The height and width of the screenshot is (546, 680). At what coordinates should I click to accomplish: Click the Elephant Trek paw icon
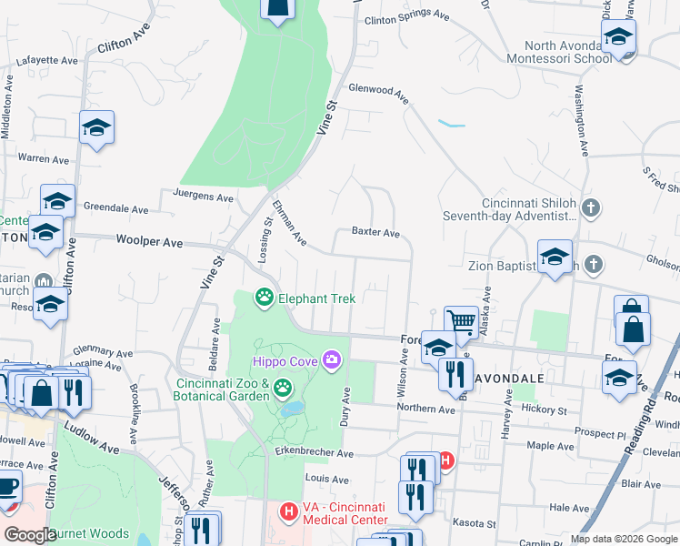coord(265,298)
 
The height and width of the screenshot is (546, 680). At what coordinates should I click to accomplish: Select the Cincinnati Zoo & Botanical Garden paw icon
coord(283,389)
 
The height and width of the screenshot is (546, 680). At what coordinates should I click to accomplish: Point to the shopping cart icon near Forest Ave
coord(461,322)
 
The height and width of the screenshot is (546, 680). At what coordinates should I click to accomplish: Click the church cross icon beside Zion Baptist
coord(593,265)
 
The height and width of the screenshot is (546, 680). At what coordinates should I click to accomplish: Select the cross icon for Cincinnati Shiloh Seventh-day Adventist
coord(591,209)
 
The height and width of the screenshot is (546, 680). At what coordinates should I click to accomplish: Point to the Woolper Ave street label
coord(150,242)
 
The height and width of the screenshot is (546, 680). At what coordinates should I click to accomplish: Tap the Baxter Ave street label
coord(376,234)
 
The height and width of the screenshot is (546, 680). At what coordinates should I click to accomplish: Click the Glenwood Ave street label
coord(378,90)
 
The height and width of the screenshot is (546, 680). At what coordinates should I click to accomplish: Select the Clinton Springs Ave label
coord(406,17)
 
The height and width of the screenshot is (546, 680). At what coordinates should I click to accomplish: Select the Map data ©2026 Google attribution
coord(623,539)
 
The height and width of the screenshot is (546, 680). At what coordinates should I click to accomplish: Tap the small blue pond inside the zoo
coord(291,409)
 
